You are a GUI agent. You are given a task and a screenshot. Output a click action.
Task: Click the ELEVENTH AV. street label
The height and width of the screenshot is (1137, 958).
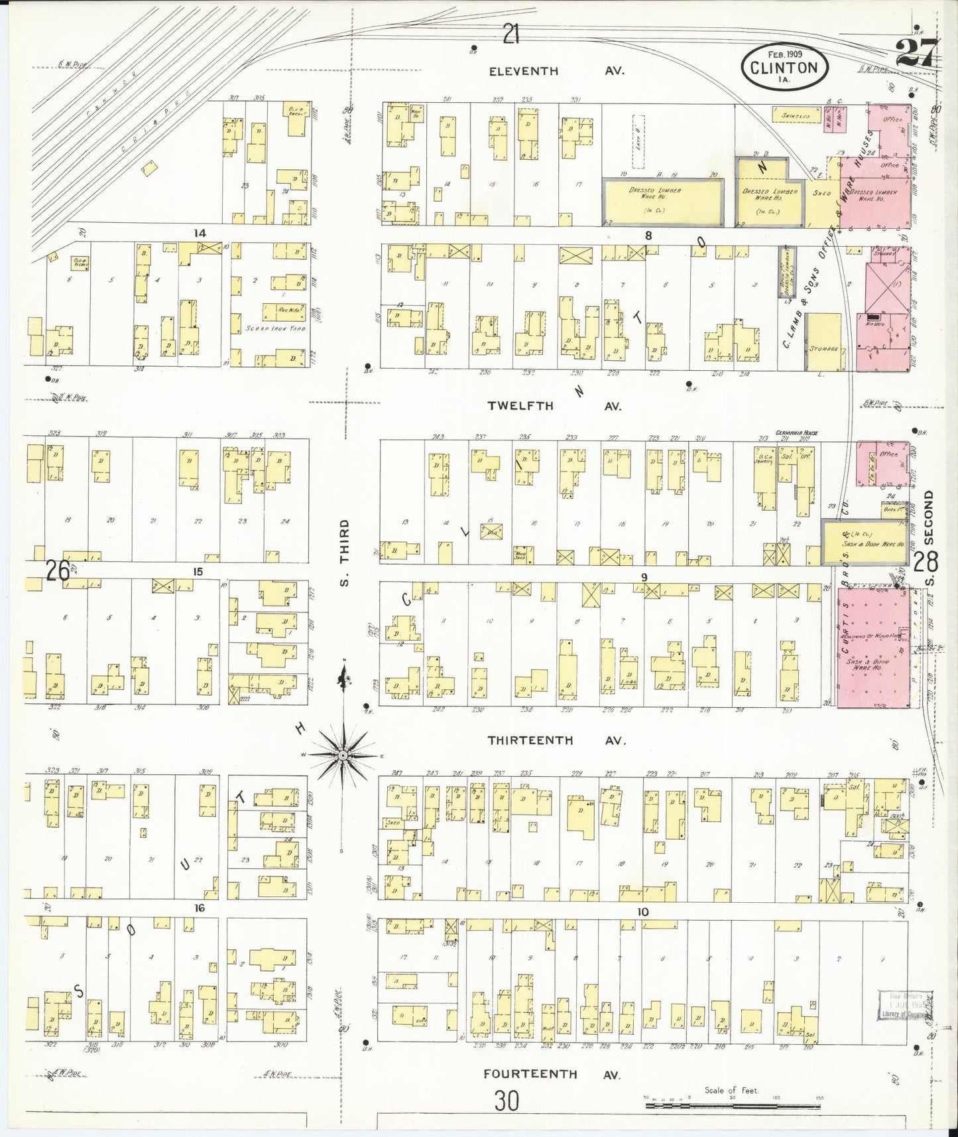(556, 71)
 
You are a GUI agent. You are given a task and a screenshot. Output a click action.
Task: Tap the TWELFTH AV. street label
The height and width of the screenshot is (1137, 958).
(554, 406)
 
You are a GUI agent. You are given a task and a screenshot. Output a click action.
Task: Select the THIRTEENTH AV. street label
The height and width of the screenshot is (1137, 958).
(556, 740)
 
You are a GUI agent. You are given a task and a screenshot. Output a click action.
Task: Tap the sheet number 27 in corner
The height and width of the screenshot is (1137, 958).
(917, 52)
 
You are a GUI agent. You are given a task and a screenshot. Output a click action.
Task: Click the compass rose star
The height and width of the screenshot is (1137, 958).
(343, 756)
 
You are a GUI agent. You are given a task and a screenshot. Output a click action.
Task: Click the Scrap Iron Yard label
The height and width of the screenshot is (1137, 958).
(275, 328)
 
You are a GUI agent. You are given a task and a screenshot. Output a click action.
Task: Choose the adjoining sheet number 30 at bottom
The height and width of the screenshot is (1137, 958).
(507, 1102)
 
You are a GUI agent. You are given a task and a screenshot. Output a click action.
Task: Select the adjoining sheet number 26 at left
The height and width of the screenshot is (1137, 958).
(58, 570)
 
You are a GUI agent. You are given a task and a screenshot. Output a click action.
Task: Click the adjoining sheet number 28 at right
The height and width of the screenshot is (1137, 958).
(926, 563)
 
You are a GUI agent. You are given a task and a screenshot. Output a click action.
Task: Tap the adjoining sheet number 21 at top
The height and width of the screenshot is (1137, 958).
(510, 33)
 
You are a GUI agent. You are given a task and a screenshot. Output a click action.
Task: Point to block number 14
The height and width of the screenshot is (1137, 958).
(199, 233)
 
